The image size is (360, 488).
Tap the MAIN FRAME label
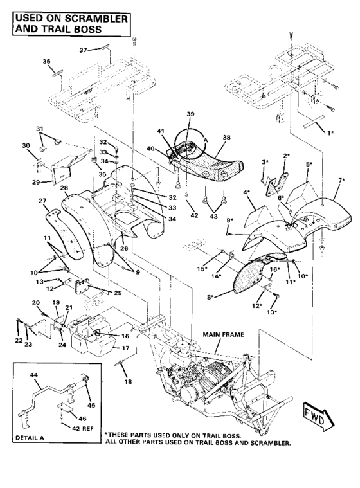(x=221, y=335)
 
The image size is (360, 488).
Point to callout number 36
(x=46, y=62)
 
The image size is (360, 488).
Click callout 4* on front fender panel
(x=246, y=192)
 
